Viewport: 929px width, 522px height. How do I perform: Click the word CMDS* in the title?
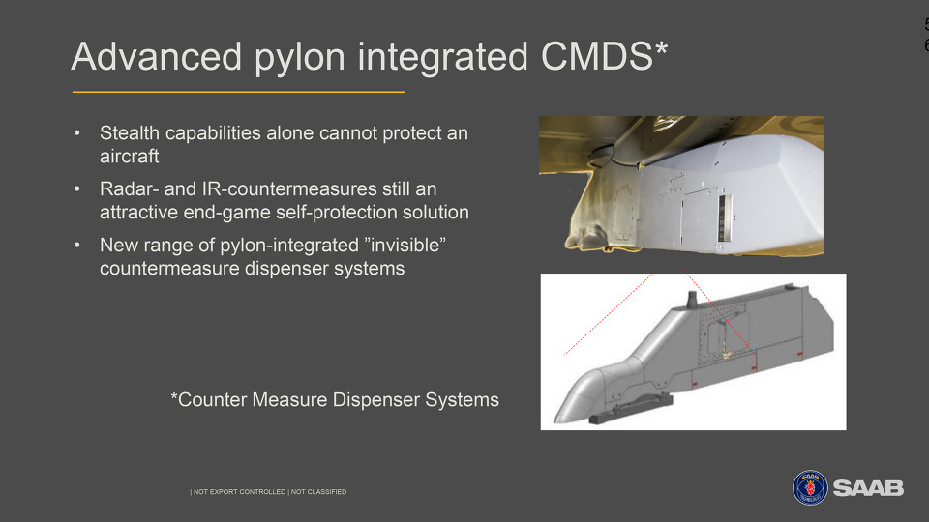coord(604,56)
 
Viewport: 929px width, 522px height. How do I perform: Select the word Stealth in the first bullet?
coord(129,133)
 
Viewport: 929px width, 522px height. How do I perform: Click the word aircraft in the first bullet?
coord(129,157)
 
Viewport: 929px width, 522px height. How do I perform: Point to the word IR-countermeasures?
coord(289,188)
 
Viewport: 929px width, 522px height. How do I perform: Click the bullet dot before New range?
coord(77,245)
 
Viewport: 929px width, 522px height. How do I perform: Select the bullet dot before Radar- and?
coord(77,188)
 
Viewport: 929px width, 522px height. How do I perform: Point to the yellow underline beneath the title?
coord(238,93)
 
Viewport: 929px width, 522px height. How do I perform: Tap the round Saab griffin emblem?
coord(810,487)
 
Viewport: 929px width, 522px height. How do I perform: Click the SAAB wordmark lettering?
coord(868,488)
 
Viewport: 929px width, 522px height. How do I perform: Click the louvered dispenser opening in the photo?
coord(724,217)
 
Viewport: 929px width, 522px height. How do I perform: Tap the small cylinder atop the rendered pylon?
coord(691,300)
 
